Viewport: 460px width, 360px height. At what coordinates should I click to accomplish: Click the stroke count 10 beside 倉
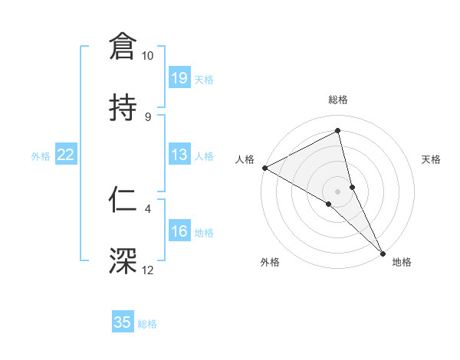pos(148,56)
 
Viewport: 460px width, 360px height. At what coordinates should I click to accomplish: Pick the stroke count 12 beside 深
pos(148,270)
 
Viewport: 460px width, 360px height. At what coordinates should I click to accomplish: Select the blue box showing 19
pos(179,78)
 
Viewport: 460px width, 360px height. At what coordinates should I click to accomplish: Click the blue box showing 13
pos(179,155)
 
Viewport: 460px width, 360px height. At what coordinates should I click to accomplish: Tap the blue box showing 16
pos(179,231)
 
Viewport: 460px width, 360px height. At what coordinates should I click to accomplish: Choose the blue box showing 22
pos(66,155)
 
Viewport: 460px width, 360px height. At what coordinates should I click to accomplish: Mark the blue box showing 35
pos(123,322)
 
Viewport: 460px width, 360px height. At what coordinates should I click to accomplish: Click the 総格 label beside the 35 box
pos(147,324)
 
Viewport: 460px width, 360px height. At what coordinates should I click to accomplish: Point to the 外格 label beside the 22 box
pos(41,156)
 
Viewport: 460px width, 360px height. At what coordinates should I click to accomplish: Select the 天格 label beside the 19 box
pos(204,80)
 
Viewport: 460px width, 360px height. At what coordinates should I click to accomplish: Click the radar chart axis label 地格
pos(402,263)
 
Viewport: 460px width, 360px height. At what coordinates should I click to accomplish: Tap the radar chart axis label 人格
pos(245,159)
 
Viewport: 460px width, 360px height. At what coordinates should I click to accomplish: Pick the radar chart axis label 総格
pos(338,100)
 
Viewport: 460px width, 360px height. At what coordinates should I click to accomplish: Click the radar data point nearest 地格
pos(383,252)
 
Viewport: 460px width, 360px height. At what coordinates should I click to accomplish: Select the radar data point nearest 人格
pos(264,168)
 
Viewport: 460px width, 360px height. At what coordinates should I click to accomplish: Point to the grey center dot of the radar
pos(338,191)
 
